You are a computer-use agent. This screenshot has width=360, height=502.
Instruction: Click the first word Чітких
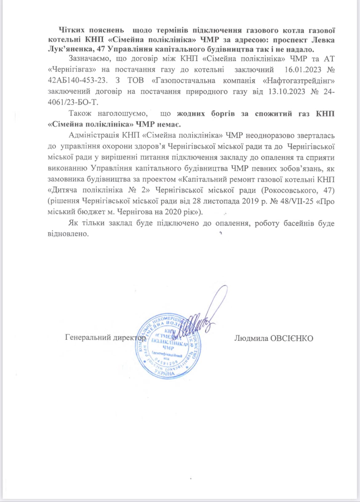[x=71, y=30]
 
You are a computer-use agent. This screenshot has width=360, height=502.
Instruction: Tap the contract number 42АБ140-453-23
[x=78, y=80]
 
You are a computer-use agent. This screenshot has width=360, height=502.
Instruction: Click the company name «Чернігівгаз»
[x=72, y=70]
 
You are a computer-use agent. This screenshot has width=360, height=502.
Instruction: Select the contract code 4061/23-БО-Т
[x=73, y=102]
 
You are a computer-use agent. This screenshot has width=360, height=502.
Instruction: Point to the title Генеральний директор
[x=106, y=338]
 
